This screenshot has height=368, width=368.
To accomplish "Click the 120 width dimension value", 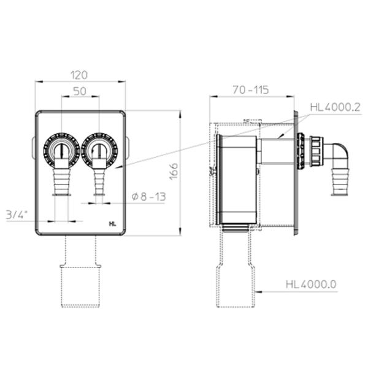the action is (x=79, y=75).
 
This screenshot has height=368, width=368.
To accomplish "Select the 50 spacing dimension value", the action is (x=80, y=91).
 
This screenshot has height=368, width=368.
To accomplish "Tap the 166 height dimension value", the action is (x=174, y=172).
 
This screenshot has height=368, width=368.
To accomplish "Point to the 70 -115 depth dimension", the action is (x=251, y=90).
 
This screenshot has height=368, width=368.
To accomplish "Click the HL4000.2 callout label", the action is (x=335, y=107).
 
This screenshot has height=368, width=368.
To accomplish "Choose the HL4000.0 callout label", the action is (x=311, y=285).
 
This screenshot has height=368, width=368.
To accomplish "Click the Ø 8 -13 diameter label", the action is (x=149, y=197).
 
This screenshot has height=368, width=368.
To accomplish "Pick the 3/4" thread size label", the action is (x=17, y=215).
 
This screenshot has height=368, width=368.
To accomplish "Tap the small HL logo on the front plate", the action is (x=113, y=224).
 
